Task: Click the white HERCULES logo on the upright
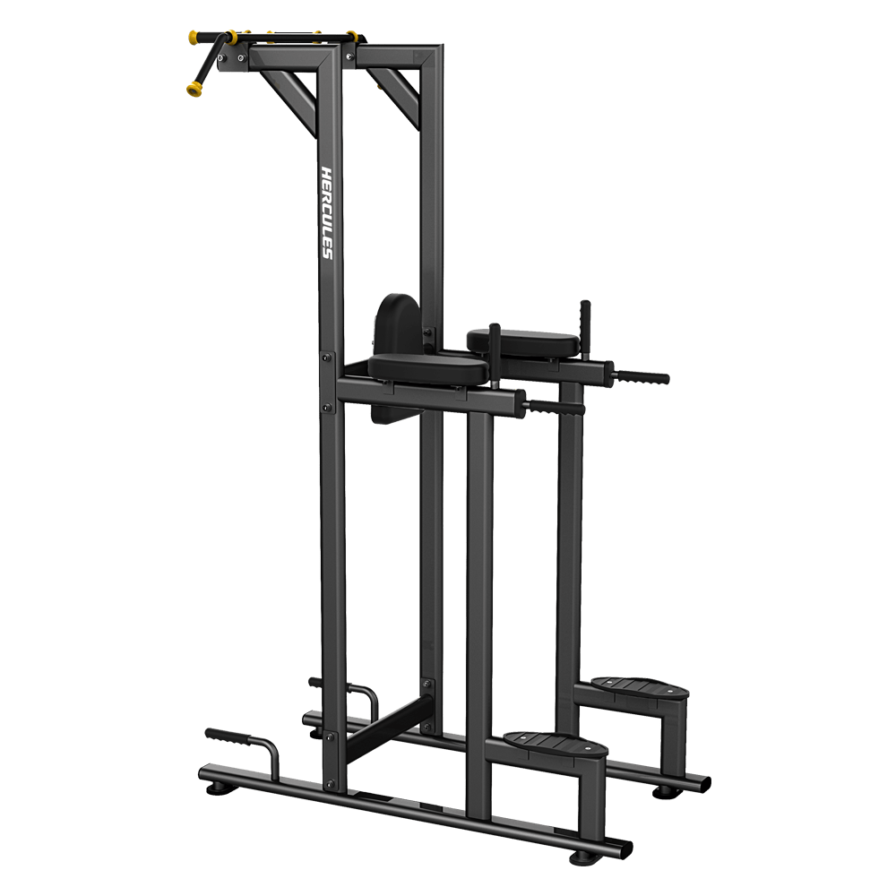[x=327, y=212]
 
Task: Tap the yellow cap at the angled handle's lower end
[x=193, y=89]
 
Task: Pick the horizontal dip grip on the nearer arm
[x=556, y=407]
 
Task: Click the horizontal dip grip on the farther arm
[x=642, y=377]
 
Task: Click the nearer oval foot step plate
[x=555, y=743]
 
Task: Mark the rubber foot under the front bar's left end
[x=217, y=788]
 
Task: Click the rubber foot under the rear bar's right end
[x=663, y=792]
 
